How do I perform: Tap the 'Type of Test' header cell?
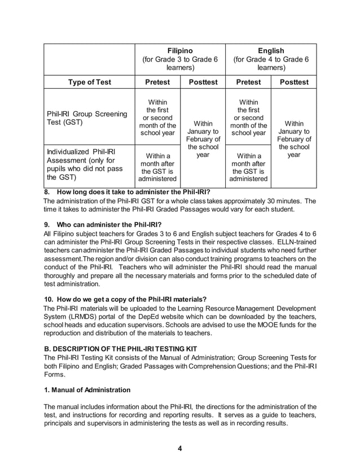tap(90, 82)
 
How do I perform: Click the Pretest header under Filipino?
tap(157, 82)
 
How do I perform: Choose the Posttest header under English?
tap(293, 82)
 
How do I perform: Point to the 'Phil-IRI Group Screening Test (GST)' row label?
tap(86, 119)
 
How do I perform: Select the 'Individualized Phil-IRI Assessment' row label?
tap(84, 165)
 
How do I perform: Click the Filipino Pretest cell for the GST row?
tap(157, 117)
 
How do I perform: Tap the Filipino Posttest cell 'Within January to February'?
tap(203, 139)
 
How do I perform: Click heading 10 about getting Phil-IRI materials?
tap(125, 299)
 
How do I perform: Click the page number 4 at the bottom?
tap(179, 449)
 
